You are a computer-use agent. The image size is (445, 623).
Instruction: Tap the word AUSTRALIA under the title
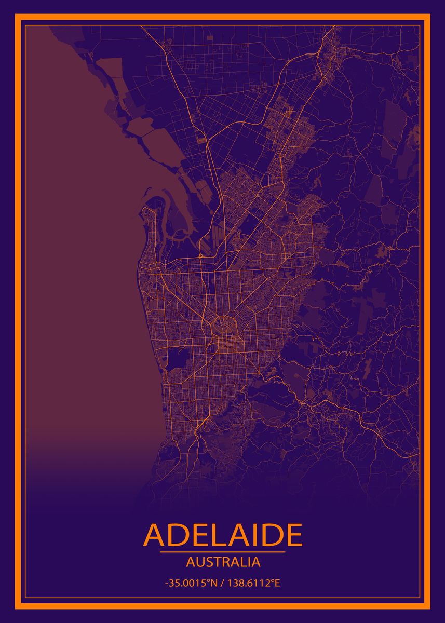pos(223,562)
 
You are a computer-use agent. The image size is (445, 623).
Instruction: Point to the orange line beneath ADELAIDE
pos(223,552)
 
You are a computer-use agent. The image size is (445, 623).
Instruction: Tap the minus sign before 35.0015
pos(166,584)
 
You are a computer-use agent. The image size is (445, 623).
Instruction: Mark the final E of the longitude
pos(277,583)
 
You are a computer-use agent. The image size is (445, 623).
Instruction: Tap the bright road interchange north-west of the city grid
pos(200,256)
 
